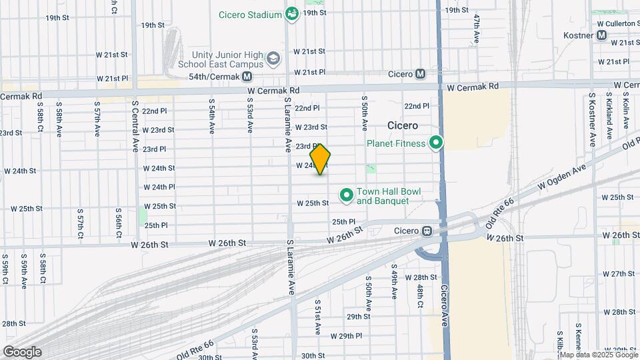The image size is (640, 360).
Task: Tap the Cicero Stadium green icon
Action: (291, 13)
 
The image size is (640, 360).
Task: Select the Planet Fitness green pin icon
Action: (436, 143)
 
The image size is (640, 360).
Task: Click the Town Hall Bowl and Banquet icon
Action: (347, 195)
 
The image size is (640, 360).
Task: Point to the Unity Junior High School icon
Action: (273, 59)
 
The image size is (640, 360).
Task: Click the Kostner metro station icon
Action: (602, 35)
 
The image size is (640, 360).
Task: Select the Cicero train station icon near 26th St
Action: (427, 231)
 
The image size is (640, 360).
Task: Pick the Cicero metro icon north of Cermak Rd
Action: (420, 74)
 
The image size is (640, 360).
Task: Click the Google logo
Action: (22, 351)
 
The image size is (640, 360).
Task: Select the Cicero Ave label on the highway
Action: (445, 307)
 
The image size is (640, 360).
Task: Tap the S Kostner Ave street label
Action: (591, 121)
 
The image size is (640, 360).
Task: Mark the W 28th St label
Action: (615, 311)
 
